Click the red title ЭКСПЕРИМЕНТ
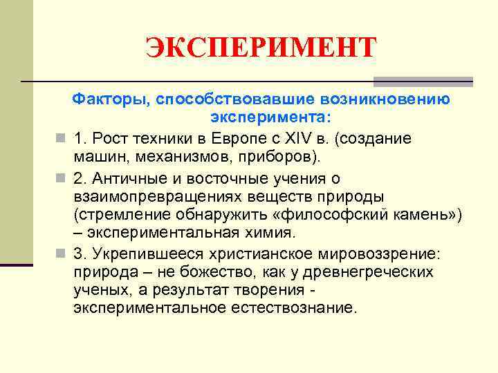coord(261,48)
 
